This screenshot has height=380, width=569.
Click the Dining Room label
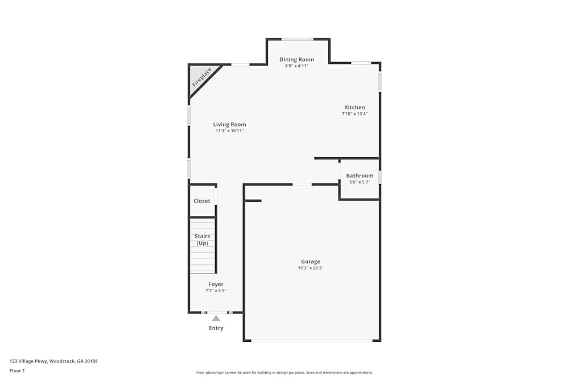[x=296, y=59]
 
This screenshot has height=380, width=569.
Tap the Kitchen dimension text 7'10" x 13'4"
[x=354, y=114]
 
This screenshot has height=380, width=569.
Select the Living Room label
[x=229, y=124]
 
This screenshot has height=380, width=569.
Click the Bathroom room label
[x=360, y=175]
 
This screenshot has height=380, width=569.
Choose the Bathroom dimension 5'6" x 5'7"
[x=360, y=182]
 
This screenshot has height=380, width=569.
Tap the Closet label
[x=202, y=201]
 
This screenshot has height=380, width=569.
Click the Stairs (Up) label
[x=202, y=239]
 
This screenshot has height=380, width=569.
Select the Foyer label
[x=216, y=284]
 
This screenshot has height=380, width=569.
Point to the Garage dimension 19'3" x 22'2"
[x=311, y=268]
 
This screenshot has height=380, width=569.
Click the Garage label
[x=311, y=261]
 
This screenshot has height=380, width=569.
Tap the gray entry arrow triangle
[x=216, y=318]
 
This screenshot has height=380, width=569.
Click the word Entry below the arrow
[x=216, y=328]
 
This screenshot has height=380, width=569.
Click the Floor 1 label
[x=17, y=370]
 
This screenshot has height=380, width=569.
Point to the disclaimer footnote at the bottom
[x=284, y=373]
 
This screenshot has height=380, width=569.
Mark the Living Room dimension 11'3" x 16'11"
[x=229, y=131]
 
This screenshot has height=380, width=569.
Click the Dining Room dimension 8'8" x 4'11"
[x=296, y=66]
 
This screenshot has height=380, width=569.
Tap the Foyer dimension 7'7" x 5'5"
[x=216, y=291]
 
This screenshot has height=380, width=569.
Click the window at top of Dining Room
[x=298, y=39]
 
